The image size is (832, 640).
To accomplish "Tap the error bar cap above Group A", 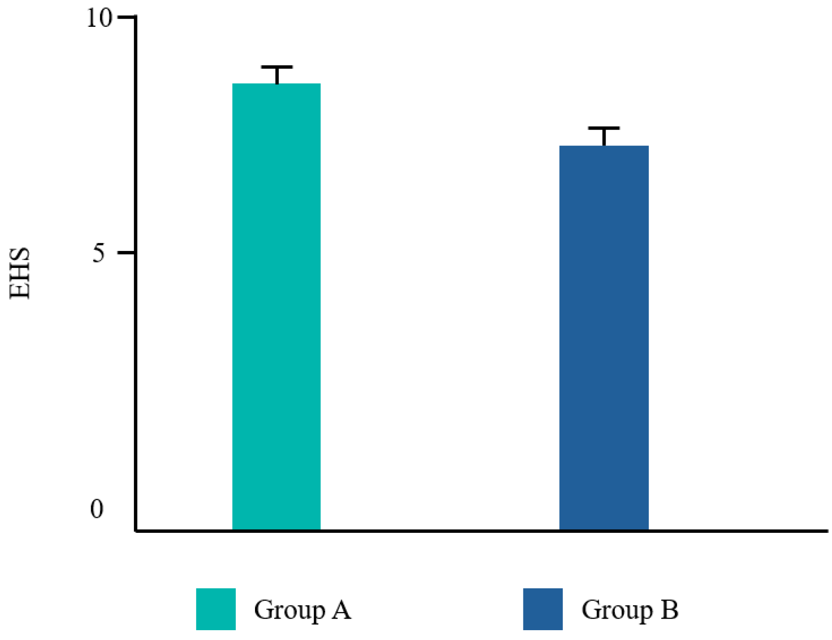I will [277, 67].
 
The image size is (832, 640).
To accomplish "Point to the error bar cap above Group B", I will [604, 128].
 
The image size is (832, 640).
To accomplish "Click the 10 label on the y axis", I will [99, 19].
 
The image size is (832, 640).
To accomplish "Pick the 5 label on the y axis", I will [98, 254].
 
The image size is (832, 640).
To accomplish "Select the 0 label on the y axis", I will [97, 508].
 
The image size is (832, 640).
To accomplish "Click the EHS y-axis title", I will [20, 273].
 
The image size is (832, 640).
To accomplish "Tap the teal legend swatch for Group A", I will [216, 609].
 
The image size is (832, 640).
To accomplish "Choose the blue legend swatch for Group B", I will [543, 609].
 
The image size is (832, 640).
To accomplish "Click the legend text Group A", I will [302, 610].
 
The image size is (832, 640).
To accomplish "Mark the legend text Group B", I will [630, 610].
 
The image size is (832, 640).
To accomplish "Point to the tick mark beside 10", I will [126, 17].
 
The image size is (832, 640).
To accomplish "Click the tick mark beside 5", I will [126, 252].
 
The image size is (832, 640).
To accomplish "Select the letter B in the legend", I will [669, 610].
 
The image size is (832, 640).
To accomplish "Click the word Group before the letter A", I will [289, 611].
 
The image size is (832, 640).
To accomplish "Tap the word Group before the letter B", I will [617, 611].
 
